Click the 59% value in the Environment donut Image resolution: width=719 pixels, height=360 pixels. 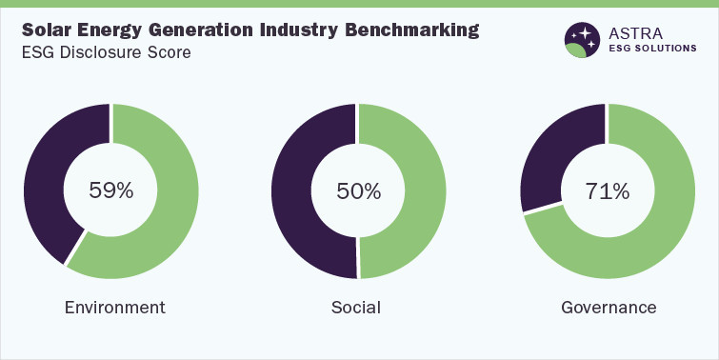111,190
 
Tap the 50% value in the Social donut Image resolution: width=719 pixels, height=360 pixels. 359,190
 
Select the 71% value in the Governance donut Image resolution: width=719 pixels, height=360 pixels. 608,190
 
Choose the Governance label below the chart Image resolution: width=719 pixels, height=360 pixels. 609,308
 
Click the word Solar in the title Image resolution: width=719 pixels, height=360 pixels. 48,30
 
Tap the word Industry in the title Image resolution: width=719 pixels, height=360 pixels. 290,30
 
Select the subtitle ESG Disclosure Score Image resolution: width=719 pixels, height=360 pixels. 107,52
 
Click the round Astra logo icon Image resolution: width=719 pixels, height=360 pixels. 582,40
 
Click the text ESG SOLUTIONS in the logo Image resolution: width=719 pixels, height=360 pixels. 654,49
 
